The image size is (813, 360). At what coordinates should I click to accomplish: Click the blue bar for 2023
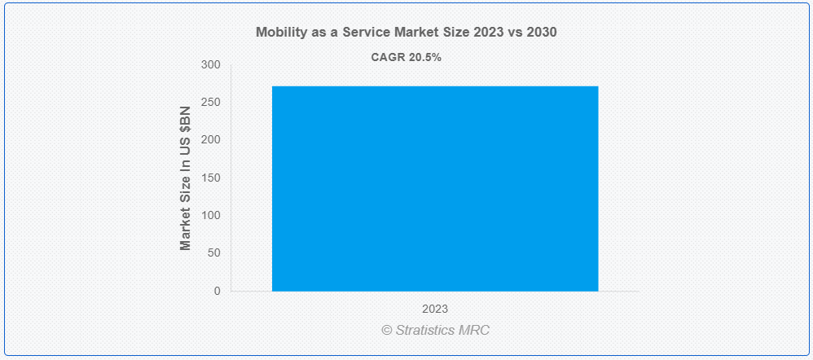coord(435,188)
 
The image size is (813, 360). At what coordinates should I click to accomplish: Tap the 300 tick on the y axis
coord(212,65)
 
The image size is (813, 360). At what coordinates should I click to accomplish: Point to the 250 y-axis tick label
coord(212,103)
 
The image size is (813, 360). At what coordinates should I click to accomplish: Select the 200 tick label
coord(212,140)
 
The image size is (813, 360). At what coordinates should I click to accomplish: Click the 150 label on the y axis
coord(212,178)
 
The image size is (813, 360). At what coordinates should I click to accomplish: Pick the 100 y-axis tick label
coord(212,215)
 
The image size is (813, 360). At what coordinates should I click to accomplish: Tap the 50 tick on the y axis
coord(215,253)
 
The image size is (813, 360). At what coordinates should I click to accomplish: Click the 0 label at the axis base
coord(218,291)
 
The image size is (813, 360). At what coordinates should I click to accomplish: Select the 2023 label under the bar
coord(435,310)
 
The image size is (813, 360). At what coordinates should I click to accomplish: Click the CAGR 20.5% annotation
coord(406,58)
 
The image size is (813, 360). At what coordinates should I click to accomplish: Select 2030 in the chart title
coord(542,33)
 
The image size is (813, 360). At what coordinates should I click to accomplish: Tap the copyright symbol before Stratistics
coord(387,331)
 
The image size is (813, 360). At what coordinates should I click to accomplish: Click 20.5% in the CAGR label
coord(424,58)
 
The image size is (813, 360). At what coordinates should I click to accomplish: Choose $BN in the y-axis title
coord(186,121)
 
